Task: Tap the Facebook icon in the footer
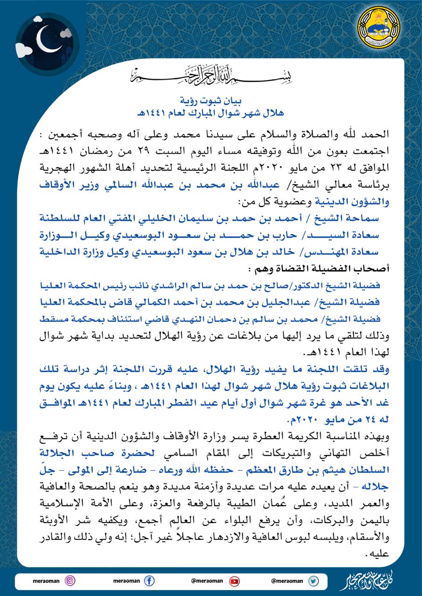pos(149,581)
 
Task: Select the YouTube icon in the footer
pos(234,580)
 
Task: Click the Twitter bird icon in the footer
pos(313,580)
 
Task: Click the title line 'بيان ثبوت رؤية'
pos(211,100)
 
